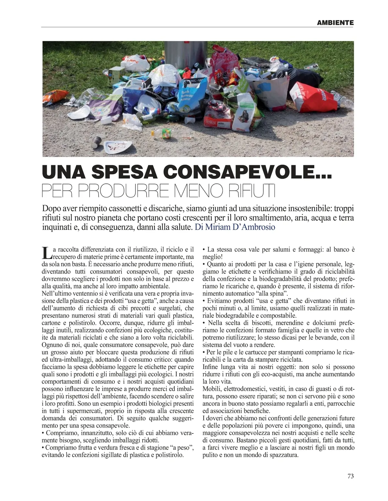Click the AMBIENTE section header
point(335,23)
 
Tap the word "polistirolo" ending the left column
point(167,455)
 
